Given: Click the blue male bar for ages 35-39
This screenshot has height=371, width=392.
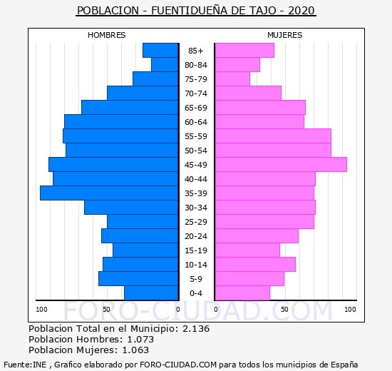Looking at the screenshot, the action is [109, 193].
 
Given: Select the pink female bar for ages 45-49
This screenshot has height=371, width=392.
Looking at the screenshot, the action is [281, 165].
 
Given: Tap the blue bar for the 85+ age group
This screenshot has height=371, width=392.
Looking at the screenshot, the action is [160, 51].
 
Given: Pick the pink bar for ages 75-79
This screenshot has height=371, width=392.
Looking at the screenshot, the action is [232, 79].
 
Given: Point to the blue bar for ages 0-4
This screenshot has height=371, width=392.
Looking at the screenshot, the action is [151, 293].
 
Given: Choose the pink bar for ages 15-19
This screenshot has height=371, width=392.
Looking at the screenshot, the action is [247, 250].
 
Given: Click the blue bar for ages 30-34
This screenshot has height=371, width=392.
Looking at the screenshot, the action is [131, 208].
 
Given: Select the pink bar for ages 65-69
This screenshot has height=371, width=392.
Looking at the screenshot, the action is [260, 108].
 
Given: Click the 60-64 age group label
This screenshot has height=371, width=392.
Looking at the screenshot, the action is [196, 122].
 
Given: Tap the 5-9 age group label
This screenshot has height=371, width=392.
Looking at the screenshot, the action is [196, 279].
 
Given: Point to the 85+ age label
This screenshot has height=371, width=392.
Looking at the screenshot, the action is [196, 51].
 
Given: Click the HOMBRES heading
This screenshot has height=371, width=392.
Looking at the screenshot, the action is [106, 35].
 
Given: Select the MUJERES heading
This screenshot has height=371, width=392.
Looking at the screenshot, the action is [285, 35].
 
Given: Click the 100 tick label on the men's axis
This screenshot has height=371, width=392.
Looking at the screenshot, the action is [41, 310].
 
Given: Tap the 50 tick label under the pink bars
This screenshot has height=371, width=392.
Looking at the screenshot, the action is [284, 310].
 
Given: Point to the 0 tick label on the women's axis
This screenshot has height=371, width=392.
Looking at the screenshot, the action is [216, 310].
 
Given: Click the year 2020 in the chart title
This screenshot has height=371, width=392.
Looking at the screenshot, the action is [301, 11].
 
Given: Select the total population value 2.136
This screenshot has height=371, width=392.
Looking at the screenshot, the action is [196, 328].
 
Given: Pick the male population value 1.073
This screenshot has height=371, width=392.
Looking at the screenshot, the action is [140, 339].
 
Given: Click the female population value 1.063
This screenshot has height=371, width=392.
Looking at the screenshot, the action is [135, 350].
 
